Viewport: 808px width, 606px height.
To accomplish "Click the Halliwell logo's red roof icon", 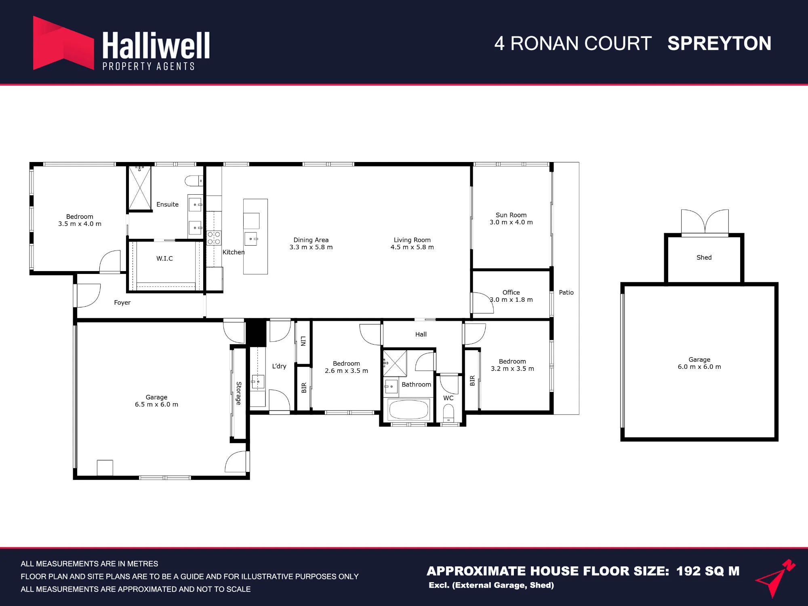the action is (63, 43).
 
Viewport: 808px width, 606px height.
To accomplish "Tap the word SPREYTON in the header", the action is (719, 44).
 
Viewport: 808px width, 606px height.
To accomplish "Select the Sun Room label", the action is (511, 215).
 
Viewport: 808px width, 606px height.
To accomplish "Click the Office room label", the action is (511, 292).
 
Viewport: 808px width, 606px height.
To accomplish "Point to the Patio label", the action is (566, 292).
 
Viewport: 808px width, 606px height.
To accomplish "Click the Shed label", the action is (704, 257).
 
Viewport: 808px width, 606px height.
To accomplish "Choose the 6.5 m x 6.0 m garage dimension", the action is (156, 404).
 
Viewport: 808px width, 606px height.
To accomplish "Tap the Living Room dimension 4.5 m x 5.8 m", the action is (412, 247).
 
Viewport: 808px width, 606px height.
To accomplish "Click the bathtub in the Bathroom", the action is (408, 409).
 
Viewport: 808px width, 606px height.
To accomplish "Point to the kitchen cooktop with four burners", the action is (214, 238).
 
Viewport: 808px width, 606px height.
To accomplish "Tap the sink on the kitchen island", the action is (251, 239).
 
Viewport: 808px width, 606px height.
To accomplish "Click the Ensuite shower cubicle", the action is (140, 188).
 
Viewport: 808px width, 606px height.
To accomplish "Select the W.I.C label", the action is (164, 259).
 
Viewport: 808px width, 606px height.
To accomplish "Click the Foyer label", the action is (122, 303).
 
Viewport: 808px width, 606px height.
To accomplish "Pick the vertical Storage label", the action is (239, 393).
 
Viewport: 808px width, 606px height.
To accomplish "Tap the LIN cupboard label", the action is (303, 341).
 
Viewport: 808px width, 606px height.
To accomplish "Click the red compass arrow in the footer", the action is (775, 578).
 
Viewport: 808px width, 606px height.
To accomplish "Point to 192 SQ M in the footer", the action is (708, 571).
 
